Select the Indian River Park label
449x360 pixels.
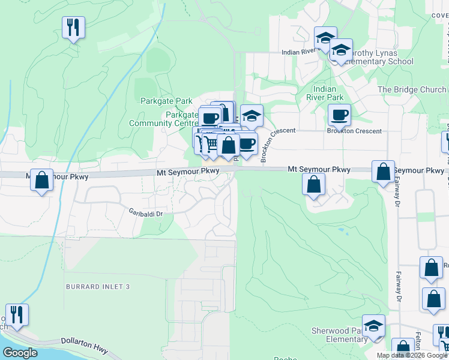pyautogui.click(x=325, y=93)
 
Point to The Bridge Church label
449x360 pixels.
pyautogui.click(x=411, y=89)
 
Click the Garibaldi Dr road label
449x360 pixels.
pyautogui.click(x=146, y=211)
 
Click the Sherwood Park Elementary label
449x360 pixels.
pyautogui.click(x=339, y=335)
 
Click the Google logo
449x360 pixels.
pyautogui.click(x=20, y=353)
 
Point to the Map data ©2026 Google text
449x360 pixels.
pyautogui.click(x=412, y=355)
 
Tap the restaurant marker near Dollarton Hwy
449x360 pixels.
pyautogui.click(x=17, y=314)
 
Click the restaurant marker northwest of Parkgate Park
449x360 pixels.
pyautogui.click(x=73, y=26)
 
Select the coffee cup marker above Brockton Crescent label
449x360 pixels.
pyautogui.click(x=339, y=115)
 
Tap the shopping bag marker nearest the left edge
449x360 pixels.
pyautogui.click(x=42, y=179)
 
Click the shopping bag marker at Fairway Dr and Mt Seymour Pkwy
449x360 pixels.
pyautogui.click(x=383, y=172)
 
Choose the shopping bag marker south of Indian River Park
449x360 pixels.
pyautogui.click(x=313, y=184)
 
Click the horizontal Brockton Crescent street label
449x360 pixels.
pyautogui.click(x=354, y=131)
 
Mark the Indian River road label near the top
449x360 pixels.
pyautogui.click(x=300, y=52)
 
